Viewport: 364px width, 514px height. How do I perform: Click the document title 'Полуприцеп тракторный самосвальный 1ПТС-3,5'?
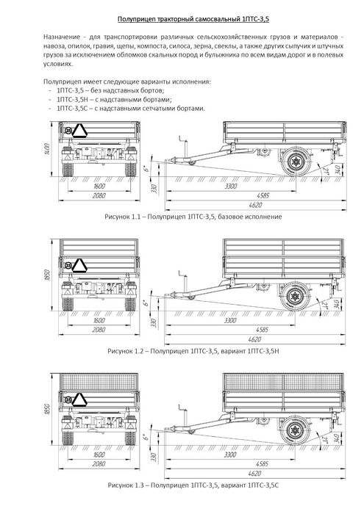[x=193, y=19]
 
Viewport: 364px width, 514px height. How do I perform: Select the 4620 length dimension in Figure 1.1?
[x=254, y=205]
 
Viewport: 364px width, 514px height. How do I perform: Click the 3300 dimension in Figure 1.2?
[x=230, y=321]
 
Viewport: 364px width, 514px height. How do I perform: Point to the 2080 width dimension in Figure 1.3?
[x=99, y=464]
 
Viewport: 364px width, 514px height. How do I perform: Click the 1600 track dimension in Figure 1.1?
[x=99, y=187]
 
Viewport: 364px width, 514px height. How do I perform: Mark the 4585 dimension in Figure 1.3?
[x=263, y=464]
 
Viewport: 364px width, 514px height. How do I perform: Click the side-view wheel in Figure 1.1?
[x=296, y=162]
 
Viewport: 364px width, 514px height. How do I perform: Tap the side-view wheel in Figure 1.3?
[x=294, y=430]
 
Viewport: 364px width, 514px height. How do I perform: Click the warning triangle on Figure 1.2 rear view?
[x=79, y=265]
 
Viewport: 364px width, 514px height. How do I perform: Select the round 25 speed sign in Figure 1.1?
[x=68, y=131]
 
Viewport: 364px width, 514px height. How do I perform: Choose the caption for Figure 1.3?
[x=193, y=485]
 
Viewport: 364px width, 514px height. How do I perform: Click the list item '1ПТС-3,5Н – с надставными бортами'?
[x=114, y=99]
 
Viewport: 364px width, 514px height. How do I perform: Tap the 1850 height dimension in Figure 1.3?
[x=47, y=408]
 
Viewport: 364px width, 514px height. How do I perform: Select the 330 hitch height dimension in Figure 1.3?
[x=154, y=457]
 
